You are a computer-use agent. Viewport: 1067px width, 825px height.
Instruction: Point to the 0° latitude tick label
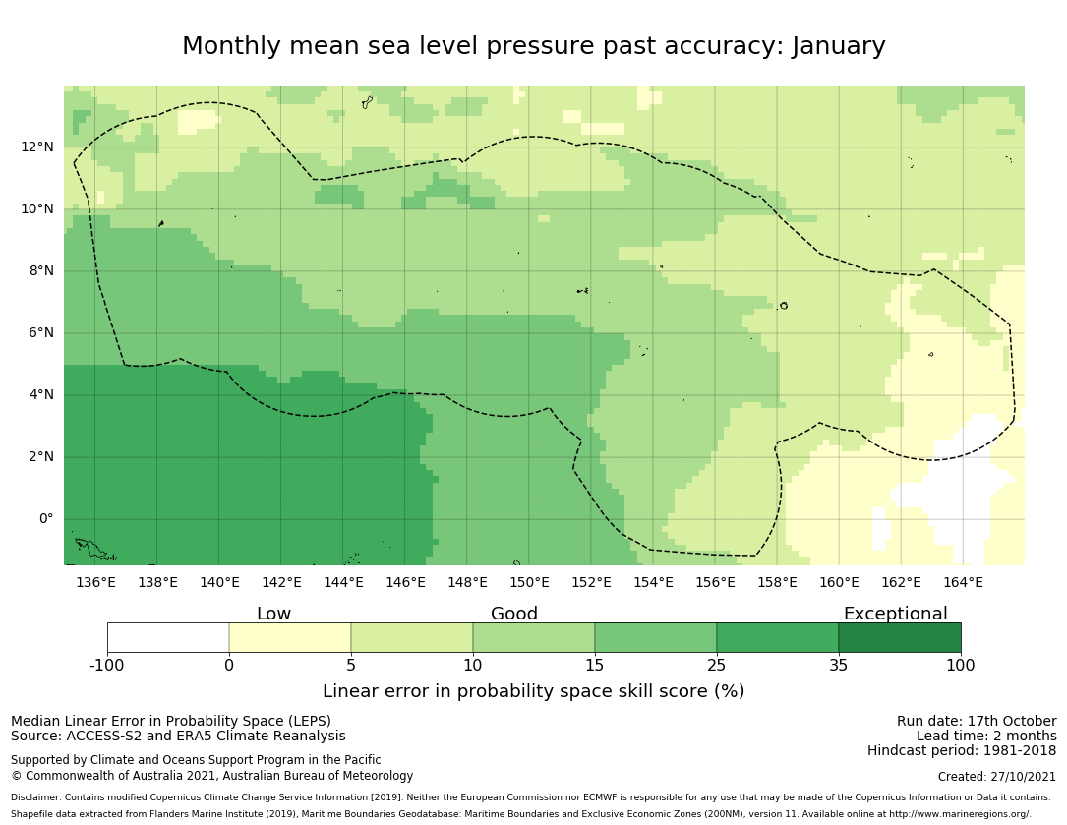coord(46,519)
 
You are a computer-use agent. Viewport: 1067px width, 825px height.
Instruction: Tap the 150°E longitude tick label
coord(529,582)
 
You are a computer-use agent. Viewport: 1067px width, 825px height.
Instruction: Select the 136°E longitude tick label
coord(95,582)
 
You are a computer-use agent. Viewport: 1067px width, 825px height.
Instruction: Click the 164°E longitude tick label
coord(963,582)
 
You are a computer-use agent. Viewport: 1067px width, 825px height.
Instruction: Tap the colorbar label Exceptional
coord(895,615)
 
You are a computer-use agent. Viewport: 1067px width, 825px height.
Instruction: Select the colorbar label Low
coord(273,615)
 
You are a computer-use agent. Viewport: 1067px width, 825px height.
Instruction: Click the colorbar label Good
coord(514,615)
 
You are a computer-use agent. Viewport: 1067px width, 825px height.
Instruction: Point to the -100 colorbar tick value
coord(107,666)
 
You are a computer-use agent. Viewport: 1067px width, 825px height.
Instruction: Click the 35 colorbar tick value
coord(839,666)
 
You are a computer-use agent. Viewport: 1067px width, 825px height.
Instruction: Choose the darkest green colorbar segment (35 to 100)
coord(900,637)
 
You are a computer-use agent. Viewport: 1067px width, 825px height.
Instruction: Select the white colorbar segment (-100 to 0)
coord(168,637)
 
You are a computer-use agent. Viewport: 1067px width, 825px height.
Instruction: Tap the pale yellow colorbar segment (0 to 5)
coord(290,637)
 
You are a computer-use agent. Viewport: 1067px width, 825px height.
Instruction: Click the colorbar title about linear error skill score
coord(533,691)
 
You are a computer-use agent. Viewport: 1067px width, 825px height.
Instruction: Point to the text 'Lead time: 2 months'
coord(986,737)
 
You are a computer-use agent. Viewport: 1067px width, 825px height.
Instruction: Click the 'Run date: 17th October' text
coord(977,722)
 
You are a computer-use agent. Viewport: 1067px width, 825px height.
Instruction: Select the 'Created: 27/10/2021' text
coord(997,777)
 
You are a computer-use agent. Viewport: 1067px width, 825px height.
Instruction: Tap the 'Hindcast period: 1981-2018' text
coord(962,751)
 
